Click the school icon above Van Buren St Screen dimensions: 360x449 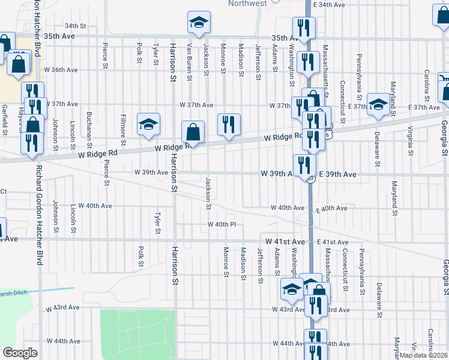point(199,23)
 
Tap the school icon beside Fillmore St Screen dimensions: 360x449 point(149,124)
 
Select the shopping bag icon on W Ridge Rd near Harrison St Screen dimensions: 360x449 point(193,132)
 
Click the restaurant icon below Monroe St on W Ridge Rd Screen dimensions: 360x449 point(229,125)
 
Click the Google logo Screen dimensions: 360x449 point(20,353)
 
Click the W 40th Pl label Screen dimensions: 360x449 point(223,224)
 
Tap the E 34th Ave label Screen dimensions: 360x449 point(331,4)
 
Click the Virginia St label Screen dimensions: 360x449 point(411,136)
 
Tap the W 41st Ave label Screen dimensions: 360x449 point(290,241)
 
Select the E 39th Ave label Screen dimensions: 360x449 point(338,174)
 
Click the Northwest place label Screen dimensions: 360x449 point(247,4)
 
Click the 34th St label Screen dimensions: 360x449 point(76,26)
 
